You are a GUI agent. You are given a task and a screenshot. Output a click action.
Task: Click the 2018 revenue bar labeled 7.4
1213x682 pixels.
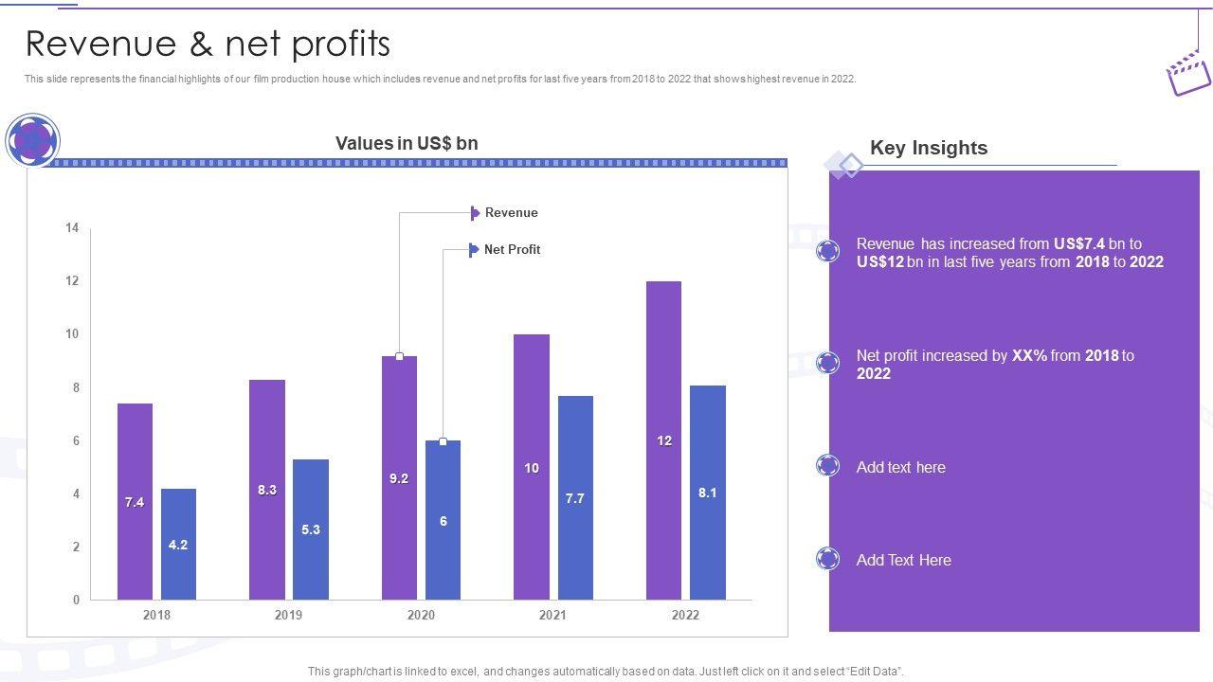pos(135,501)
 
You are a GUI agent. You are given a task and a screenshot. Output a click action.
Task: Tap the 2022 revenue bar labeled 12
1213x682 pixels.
pos(663,440)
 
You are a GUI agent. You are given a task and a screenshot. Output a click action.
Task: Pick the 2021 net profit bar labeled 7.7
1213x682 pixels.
pos(575,497)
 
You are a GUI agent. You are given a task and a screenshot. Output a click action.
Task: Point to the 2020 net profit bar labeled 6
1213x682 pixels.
pos(443,520)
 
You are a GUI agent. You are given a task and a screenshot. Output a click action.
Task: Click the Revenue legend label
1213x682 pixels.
pos(511,213)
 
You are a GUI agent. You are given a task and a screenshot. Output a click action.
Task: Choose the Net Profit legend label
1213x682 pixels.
pos(512,250)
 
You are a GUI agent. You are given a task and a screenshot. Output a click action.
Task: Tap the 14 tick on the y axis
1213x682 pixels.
pos(72,227)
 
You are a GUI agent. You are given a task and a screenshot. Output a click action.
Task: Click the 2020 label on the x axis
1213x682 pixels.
pos(421,616)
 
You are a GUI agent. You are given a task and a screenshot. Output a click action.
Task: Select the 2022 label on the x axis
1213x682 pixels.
pos(685,616)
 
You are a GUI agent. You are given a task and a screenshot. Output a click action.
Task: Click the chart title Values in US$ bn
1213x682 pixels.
pos(407,143)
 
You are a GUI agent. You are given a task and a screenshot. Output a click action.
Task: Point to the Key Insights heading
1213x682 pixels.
pos(929,148)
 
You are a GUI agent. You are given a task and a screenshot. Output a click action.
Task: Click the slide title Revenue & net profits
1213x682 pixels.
pos(208,44)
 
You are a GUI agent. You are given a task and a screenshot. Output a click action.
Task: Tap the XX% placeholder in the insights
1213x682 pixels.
pos(1029,356)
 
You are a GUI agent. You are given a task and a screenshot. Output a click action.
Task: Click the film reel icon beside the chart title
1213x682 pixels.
pos(33,141)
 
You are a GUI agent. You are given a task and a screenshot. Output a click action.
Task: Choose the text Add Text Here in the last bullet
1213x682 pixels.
pos(903,561)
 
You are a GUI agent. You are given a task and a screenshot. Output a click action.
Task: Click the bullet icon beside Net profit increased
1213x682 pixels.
pos(828,363)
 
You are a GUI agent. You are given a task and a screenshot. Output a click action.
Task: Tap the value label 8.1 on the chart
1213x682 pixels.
pos(707,494)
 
